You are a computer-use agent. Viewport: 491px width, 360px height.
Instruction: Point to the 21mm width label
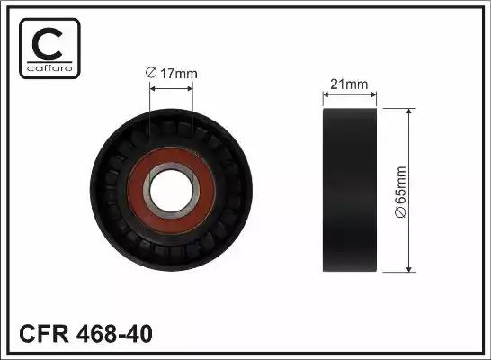[x=350, y=85]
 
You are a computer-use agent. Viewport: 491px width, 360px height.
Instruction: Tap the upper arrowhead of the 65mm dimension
[x=410, y=112]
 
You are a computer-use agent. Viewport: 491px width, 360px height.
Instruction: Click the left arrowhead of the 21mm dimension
[x=326, y=95]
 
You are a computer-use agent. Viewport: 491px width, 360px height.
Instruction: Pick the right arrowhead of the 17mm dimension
[x=191, y=87]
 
